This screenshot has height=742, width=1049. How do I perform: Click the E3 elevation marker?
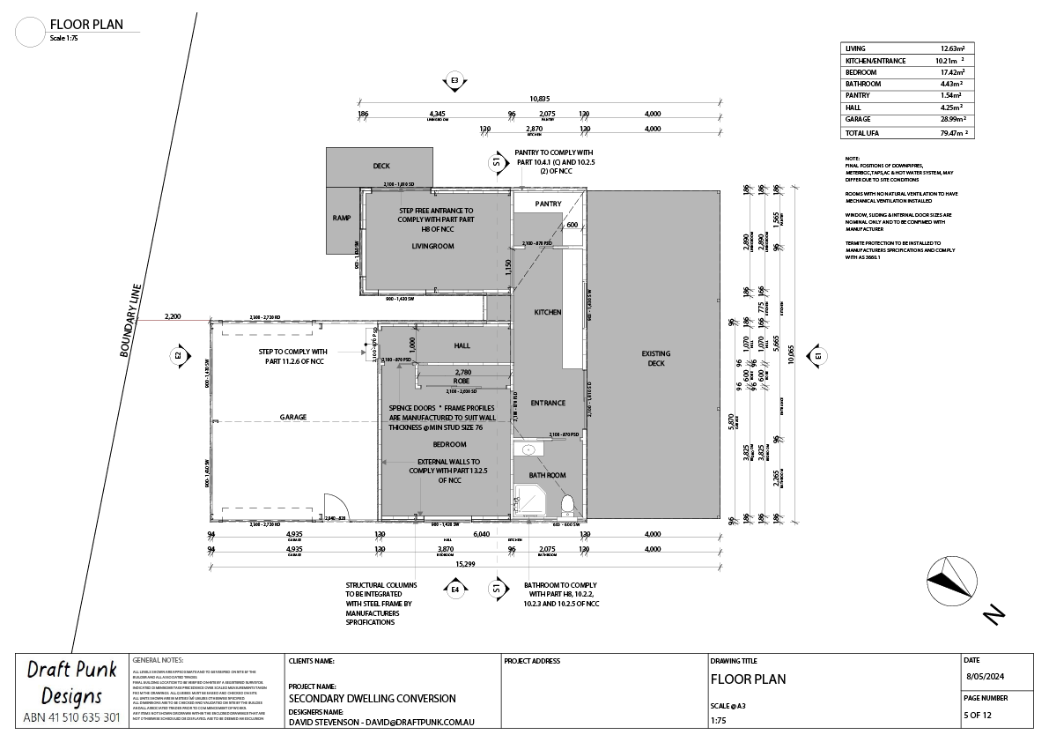[x=454, y=81]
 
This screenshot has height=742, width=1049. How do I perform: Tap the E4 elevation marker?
[x=455, y=588]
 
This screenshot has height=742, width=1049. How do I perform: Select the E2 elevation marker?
[x=178, y=355]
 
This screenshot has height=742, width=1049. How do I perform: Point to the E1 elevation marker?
[x=817, y=355]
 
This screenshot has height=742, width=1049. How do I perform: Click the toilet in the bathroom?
[x=568, y=505]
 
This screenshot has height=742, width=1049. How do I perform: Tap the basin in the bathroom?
[x=528, y=450]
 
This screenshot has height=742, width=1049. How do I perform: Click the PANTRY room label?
[x=549, y=204]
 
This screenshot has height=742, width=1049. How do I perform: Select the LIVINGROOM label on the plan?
[x=432, y=247]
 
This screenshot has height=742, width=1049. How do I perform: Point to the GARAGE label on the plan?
[x=293, y=417]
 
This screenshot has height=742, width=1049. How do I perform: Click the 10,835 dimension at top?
[x=539, y=99]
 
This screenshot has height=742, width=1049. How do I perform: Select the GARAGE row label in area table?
[x=858, y=119]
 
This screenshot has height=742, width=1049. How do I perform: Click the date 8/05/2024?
[x=985, y=677]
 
